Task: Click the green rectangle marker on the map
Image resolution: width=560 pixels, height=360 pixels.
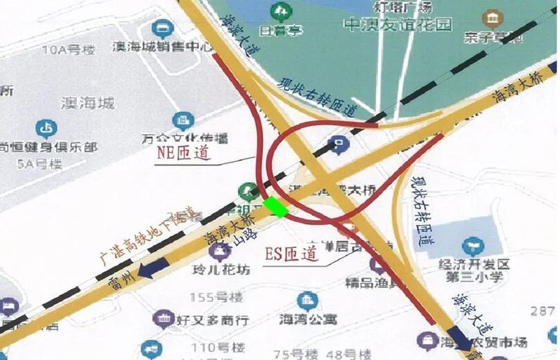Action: pos(276,207)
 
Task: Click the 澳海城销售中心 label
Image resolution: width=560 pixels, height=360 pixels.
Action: pos(163,48)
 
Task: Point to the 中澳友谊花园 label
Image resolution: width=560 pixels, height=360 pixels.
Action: pos(398,25)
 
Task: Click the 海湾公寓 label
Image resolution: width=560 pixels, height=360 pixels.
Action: pos(308,319)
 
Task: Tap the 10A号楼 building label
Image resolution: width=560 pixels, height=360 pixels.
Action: pos(68,50)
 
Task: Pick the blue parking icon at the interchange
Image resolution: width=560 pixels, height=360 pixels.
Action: pos(338,144)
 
